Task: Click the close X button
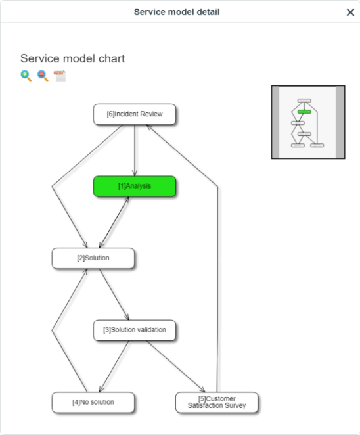[350, 12]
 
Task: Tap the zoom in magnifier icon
[26, 76]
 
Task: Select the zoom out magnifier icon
[43, 76]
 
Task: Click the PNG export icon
[60, 76]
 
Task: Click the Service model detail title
[177, 12]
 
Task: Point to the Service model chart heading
[72, 58]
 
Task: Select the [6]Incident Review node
[135, 114]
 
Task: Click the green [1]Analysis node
[135, 186]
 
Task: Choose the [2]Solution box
[93, 258]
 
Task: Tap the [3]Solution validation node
[135, 330]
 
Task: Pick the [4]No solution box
[93, 402]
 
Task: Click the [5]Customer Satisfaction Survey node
[217, 402]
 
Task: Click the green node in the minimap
[304, 112]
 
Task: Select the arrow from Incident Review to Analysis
[135, 150]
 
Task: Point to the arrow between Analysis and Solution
[114, 222]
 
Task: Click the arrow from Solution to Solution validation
[114, 294]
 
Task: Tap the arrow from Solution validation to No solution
[114, 366]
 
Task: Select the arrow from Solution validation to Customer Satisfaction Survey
[175, 366]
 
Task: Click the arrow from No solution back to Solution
[52, 331]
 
